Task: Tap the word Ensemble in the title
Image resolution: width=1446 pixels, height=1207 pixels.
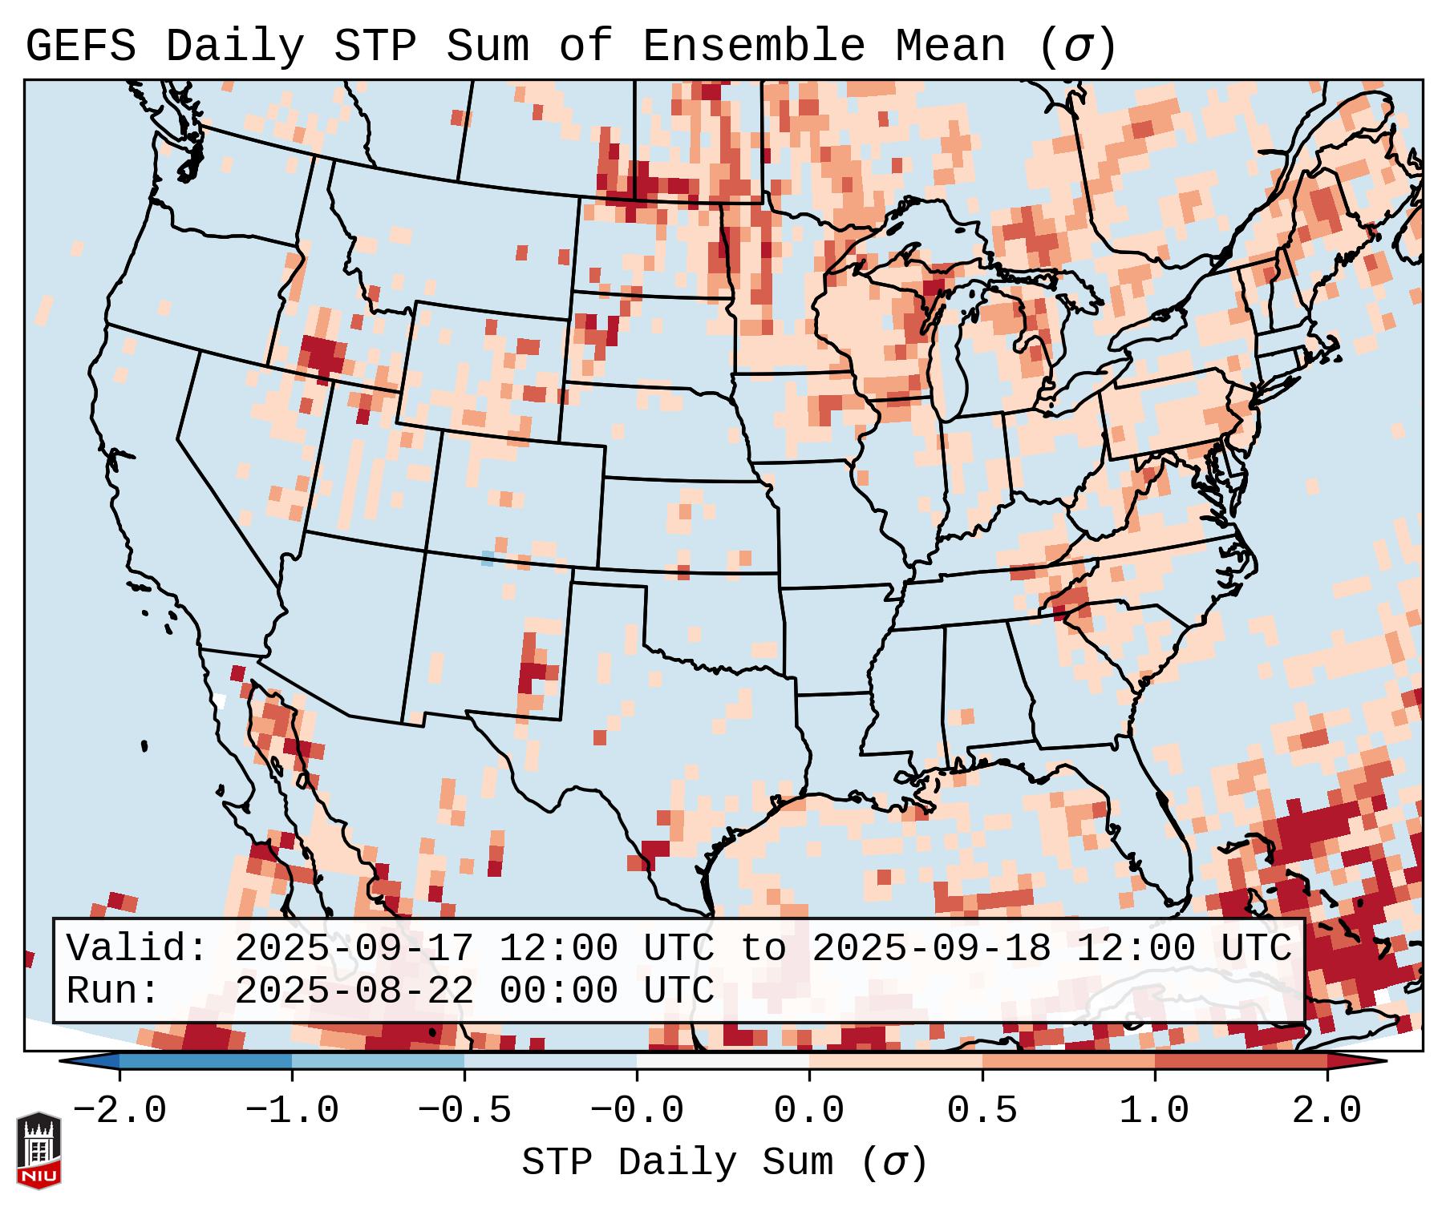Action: [x=753, y=46]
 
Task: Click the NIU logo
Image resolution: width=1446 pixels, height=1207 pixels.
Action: [x=38, y=1150]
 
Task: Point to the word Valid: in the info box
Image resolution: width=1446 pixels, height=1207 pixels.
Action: [x=137, y=948]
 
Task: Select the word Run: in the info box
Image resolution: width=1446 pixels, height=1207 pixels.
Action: [x=113, y=991]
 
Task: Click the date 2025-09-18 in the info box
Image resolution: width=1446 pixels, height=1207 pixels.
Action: [x=931, y=948]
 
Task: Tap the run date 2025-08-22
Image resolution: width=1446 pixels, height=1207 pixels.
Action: [x=354, y=991]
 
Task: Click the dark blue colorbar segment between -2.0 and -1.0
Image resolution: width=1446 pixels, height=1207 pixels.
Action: [x=205, y=1061]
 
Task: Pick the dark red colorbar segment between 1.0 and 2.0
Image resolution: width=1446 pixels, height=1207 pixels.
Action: [x=1241, y=1061]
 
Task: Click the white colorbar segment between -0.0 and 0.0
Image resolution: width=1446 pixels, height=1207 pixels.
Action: [x=723, y=1061]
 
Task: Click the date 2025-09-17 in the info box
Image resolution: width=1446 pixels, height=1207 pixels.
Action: [x=354, y=948]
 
